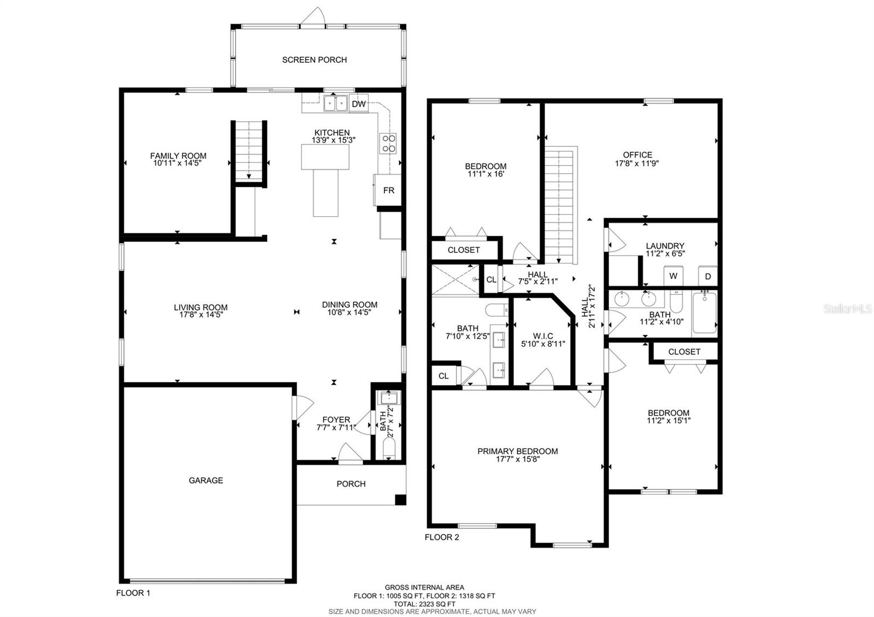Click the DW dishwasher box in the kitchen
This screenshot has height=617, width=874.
coord(358,104)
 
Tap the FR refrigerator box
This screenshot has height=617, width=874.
coord(388,191)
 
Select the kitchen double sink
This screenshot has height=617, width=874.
coord(335,103)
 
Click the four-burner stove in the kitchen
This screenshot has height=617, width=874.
coord(388,143)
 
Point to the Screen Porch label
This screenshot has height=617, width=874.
coord(314,60)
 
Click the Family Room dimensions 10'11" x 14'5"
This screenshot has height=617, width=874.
coord(179,163)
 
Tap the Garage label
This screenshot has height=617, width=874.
coord(206,480)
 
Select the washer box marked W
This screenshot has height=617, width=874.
coord(673,276)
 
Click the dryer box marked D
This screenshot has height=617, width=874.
coord(708,276)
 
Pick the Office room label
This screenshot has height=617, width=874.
coord(637,155)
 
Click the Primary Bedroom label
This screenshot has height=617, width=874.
coord(517,451)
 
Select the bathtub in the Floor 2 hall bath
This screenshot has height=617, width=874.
coord(705,313)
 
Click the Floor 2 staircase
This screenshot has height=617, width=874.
coord(560,205)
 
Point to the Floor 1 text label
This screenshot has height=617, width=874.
coord(133,593)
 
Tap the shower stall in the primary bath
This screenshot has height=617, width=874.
coord(455,280)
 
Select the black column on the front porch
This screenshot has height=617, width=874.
coord(400,499)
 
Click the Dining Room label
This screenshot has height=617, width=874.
coord(350,305)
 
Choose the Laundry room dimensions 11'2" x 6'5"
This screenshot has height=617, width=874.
coord(665,254)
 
